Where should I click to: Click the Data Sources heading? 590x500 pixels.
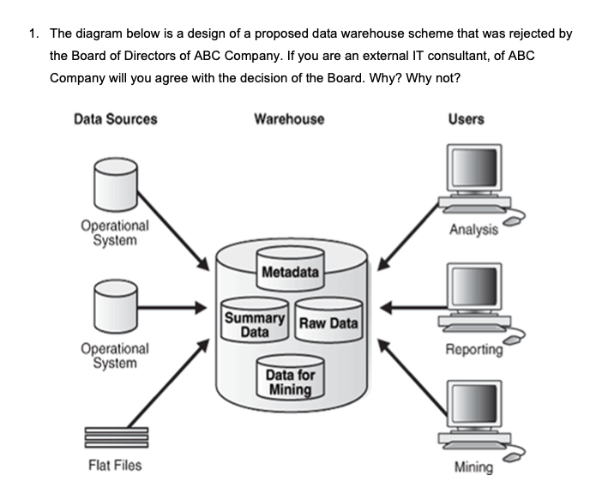[x=116, y=119]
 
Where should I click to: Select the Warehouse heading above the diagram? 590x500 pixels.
[x=289, y=119]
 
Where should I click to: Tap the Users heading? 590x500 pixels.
[x=466, y=119]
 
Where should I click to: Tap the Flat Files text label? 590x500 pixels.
[x=116, y=466]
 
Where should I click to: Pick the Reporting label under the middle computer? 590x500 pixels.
[x=474, y=350]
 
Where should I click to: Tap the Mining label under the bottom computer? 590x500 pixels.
[x=473, y=467]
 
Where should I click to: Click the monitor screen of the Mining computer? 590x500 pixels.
[x=473, y=410]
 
